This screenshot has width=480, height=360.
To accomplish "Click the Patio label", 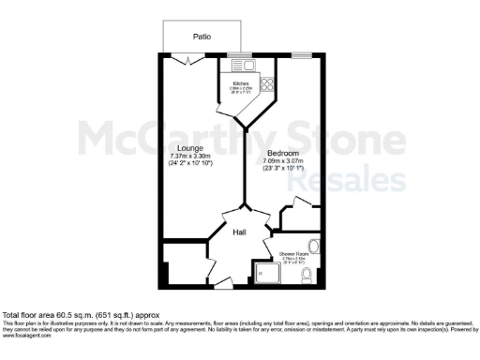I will [x=202, y=37].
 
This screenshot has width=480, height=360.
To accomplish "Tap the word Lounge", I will [x=190, y=148].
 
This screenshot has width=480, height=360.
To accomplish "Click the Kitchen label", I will [x=240, y=82].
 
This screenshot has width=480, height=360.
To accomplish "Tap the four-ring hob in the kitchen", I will [x=265, y=84].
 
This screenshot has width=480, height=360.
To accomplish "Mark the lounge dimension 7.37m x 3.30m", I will [x=190, y=157].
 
